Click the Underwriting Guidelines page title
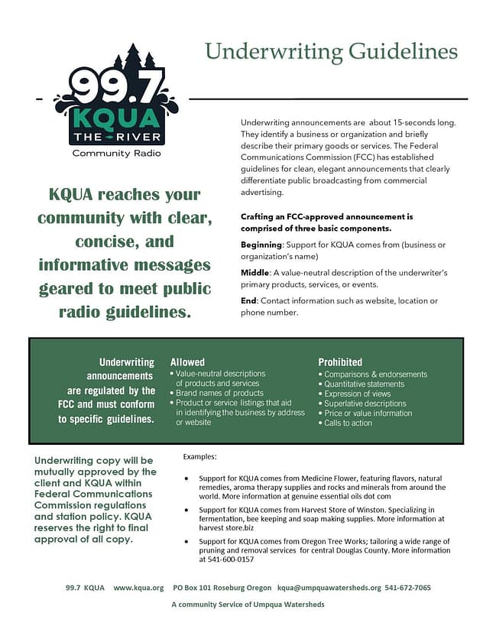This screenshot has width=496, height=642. (331, 52)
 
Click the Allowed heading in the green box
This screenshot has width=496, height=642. (187, 362)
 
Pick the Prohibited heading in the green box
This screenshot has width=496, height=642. (340, 362)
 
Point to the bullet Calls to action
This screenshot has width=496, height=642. (348, 423)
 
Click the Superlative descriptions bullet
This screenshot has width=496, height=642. (365, 403)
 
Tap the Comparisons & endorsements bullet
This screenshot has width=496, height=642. (375, 374)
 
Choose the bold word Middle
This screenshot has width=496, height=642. (254, 273)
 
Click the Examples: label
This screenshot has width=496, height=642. (200, 456)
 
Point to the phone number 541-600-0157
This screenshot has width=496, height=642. (229, 559)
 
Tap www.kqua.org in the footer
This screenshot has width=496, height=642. (138, 588)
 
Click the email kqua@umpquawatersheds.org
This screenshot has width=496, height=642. (329, 588)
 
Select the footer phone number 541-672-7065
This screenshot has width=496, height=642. (409, 588)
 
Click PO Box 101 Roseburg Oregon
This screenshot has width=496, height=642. (222, 588)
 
